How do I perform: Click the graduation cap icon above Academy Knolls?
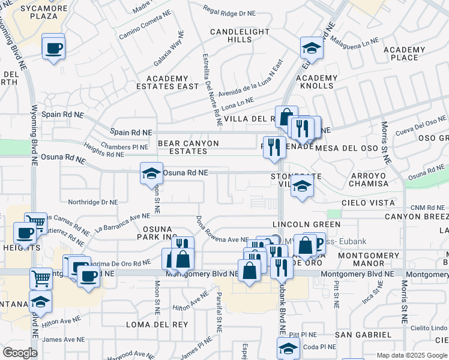(312, 47)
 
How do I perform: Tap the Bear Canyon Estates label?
(188, 148)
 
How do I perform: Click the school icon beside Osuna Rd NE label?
(151, 174)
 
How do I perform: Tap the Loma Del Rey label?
(149, 324)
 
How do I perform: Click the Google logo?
(20, 353)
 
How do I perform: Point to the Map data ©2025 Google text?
(411, 355)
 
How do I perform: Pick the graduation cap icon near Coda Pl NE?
(288, 349)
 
